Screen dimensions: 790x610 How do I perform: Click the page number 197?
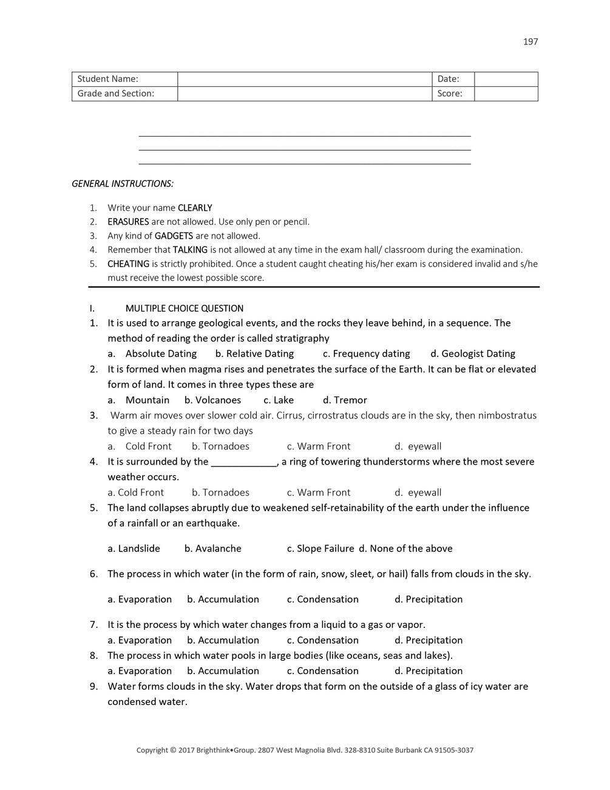(x=530, y=42)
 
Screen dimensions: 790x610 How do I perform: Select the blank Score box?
(x=506, y=94)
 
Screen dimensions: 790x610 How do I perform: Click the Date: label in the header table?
(x=448, y=79)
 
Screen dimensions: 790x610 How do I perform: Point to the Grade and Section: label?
(x=115, y=94)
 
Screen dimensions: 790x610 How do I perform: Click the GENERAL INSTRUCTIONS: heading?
(x=123, y=183)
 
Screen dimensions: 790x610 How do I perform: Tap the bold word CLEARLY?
(x=195, y=208)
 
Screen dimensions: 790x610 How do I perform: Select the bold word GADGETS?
(x=174, y=236)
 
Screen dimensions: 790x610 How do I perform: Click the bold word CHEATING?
(x=128, y=264)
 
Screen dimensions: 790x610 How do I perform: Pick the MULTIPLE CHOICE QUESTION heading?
(x=184, y=308)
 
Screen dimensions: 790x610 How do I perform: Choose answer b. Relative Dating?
(x=254, y=353)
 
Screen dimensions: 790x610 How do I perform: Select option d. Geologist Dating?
(x=473, y=353)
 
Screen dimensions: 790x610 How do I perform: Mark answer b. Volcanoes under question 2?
(x=212, y=400)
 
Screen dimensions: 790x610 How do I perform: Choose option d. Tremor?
(x=345, y=400)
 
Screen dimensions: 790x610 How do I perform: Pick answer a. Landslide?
(x=134, y=548)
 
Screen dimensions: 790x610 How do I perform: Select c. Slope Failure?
(x=320, y=548)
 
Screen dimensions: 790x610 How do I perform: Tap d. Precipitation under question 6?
(x=429, y=599)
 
